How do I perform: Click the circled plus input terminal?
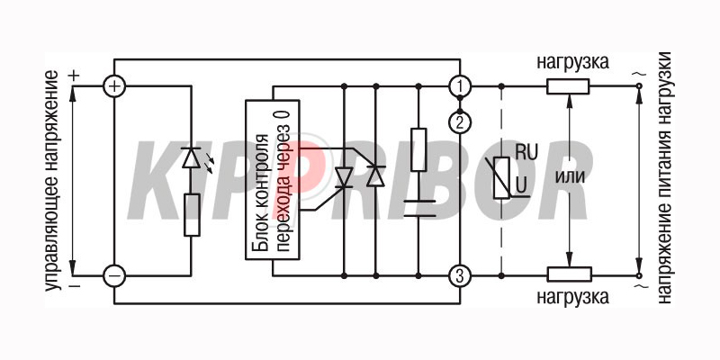tap(114, 85)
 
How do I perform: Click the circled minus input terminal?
tap(114, 276)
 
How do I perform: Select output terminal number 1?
tap(460, 85)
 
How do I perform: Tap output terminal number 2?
tap(460, 122)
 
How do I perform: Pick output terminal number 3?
tap(460, 276)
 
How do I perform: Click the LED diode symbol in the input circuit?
tap(191, 158)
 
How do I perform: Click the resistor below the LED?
tap(192, 215)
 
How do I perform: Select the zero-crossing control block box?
tap(273, 180)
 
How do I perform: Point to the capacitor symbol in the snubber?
tap(418, 209)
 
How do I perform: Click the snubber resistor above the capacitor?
tap(418, 149)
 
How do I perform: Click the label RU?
tap(526, 153)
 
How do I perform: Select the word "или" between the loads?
tap(570, 177)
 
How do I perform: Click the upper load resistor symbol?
tap(568, 86)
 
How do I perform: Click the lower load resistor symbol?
tap(570, 274)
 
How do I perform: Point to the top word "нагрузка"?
tap(573, 62)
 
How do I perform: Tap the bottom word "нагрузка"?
tap(573, 297)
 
